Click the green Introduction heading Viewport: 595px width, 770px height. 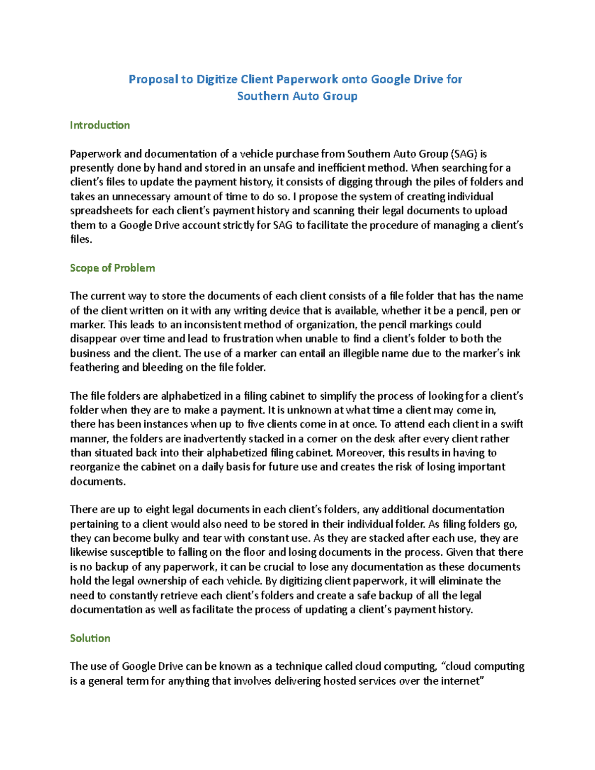(100, 125)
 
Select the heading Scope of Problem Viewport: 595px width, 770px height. (113, 268)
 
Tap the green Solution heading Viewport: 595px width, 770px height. (90, 638)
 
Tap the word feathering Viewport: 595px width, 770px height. (94, 367)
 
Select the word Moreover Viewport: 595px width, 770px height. (360, 453)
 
